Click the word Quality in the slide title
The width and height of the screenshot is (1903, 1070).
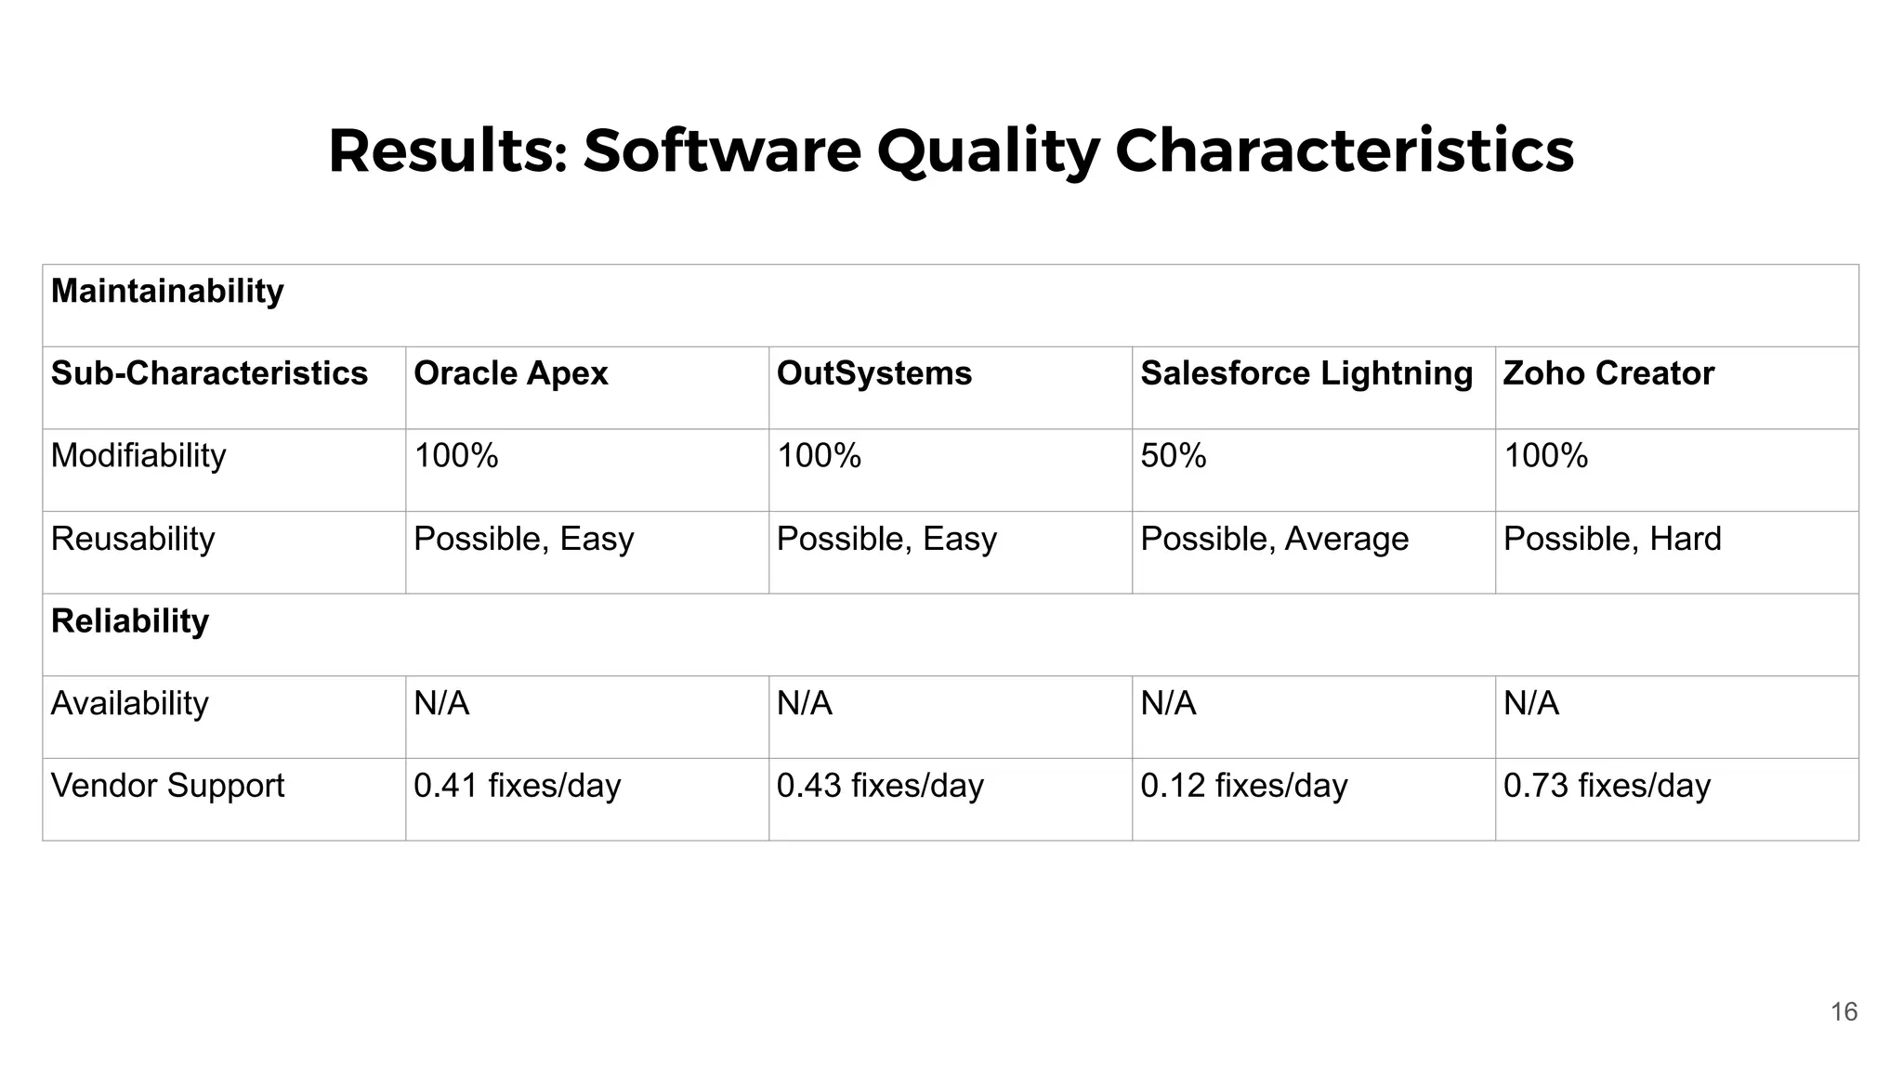point(987,151)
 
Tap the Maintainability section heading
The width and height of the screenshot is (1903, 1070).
point(167,292)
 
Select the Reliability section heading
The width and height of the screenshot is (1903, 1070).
point(130,620)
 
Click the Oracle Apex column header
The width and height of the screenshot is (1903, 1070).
point(510,373)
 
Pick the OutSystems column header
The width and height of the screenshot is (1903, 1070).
point(873,373)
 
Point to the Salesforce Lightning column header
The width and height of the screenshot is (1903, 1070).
point(1306,373)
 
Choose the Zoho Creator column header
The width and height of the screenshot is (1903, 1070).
point(1608,373)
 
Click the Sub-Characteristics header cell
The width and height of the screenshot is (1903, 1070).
point(209,373)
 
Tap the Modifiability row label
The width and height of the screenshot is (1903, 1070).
point(138,456)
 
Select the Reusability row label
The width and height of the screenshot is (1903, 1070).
point(133,539)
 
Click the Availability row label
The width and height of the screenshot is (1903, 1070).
point(129,703)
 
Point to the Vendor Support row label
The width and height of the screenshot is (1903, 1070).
point(167,786)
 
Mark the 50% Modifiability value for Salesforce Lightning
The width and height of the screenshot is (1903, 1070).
point(1173,456)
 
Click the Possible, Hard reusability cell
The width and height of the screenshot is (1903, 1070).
point(1611,539)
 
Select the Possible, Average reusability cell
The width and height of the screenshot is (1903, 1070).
point(1273,539)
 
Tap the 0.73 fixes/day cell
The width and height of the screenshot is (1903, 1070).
point(1606,786)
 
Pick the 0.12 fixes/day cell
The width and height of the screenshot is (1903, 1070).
point(1243,786)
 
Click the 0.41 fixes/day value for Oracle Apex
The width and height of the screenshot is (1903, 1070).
point(517,786)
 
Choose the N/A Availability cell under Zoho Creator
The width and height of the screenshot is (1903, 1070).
point(1530,703)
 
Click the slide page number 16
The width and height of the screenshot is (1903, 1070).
point(1844,1011)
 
